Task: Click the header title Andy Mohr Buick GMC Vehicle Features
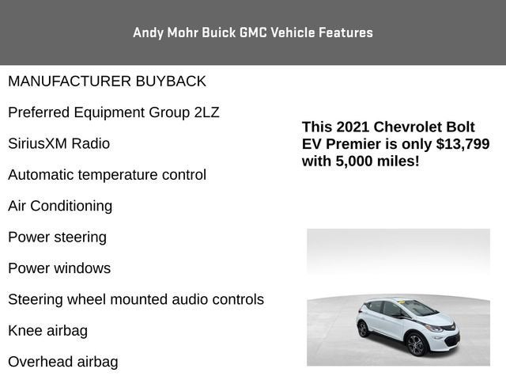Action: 253,32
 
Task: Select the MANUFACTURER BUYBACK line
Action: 107,82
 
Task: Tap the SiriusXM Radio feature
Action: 59,144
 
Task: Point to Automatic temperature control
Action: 107,175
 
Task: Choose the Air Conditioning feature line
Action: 60,206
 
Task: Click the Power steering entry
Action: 57,237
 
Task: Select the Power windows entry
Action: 59,268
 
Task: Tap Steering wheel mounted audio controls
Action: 136,300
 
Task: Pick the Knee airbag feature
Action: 47,331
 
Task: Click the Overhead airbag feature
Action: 62,363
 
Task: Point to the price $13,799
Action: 461,144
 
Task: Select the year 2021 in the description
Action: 352,127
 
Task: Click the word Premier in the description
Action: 355,144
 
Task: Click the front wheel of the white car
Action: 416,344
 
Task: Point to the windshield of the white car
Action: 418,308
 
